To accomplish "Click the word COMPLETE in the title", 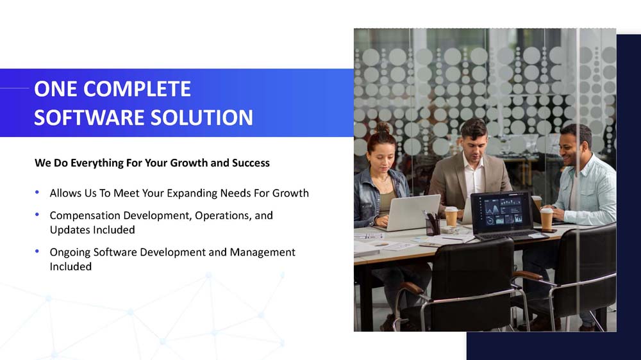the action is coord(137,88).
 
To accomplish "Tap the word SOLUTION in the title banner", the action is coord(201,118).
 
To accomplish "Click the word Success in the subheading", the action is coord(251,163).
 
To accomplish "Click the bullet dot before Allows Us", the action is coord(37,192).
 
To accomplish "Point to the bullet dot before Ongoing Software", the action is coord(37,251).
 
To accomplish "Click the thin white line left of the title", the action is coord(14,88).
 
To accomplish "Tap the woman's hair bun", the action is coord(383,127).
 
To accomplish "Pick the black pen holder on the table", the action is coord(433,227).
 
